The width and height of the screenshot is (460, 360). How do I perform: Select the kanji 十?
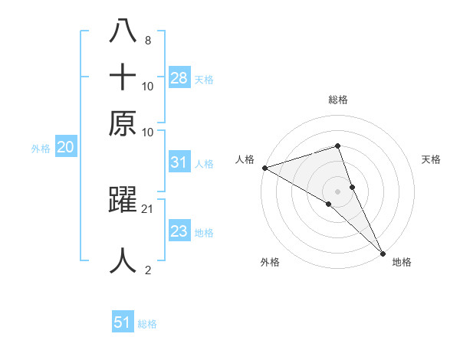(x=123, y=77)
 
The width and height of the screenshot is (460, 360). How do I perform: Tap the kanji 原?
(x=123, y=123)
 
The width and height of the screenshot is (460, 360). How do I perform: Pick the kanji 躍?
(x=123, y=201)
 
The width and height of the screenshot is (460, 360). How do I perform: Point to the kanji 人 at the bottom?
(x=123, y=260)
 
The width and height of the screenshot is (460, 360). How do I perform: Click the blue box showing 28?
(x=179, y=78)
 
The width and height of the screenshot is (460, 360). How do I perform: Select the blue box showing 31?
(x=179, y=162)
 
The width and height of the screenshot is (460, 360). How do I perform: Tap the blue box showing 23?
(x=179, y=231)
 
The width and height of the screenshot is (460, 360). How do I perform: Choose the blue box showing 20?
(x=65, y=148)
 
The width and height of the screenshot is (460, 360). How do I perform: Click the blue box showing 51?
(x=123, y=323)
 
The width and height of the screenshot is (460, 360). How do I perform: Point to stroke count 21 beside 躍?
(x=148, y=208)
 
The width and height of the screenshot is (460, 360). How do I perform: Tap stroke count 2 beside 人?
(x=147, y=270)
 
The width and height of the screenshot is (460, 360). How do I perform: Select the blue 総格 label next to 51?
(x=147, y=324)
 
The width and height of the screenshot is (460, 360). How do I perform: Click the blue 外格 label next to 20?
(x=41, y=149)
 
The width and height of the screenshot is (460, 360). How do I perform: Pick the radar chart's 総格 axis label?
(x=338, y=100)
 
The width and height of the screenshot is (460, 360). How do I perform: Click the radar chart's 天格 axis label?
(x=431, y=159)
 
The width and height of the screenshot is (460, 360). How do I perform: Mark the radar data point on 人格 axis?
(x=264, y=167)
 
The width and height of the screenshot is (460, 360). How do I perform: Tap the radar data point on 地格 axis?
(x=383, y=250)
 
